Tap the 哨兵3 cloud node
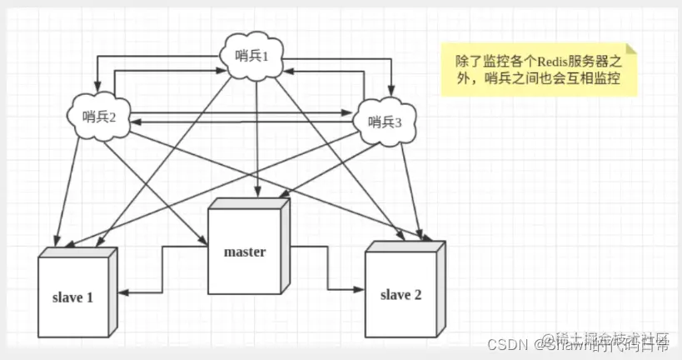[x=384, y=122]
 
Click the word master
[x=244, y=252]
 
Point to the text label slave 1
[x=73, y=297]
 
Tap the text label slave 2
[x=402, y=294]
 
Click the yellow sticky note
[x=538, y=70]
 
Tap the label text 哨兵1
[x=254, y=56]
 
